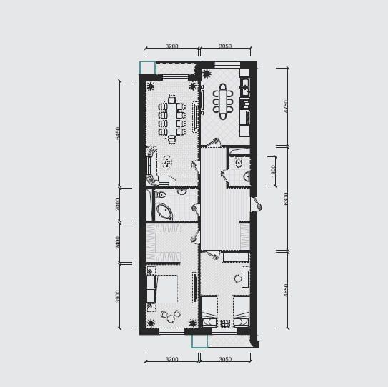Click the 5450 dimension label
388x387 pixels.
pos(118,134)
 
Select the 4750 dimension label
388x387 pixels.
pos(286,106)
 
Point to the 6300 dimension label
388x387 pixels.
pos(286,198)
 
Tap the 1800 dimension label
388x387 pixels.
pos(273,171)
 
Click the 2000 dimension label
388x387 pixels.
pos(118,204)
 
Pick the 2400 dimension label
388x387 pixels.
pos(118,243)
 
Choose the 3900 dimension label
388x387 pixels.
pos(118,296)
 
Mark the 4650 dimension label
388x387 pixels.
pos(286,291)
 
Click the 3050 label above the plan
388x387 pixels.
pos(225,46)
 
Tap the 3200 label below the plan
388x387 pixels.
pos(171,359)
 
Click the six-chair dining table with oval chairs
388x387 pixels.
pos(223,101)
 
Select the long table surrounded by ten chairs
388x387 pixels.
pos(172,119)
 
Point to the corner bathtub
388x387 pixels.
pos(164,211)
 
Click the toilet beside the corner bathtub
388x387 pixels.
pos(161,195)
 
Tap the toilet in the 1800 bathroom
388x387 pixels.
pos(239,163)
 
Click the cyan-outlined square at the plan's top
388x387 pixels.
pos(147,68)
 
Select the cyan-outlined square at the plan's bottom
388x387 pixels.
pos(199,341)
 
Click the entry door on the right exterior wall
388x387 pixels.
pos(256,204)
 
